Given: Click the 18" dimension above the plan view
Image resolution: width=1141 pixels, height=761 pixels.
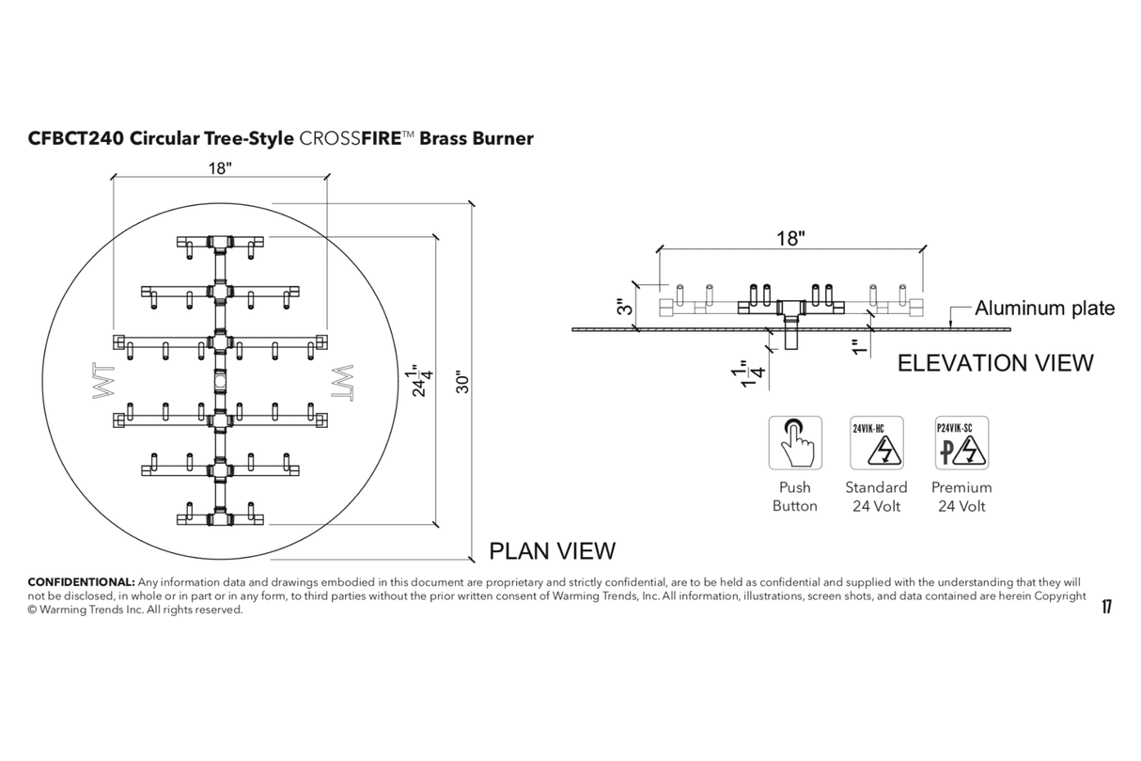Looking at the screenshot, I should (219, 167).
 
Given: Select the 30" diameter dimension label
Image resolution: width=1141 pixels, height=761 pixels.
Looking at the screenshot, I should (460, 381).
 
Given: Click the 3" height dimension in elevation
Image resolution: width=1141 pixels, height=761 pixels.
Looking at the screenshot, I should (621, 307).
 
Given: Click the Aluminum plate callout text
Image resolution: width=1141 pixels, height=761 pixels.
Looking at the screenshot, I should (1044, 308).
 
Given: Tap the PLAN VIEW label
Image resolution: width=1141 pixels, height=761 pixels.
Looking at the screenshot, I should (553, 550).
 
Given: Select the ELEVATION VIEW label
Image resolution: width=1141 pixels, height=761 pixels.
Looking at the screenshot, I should (995, 362).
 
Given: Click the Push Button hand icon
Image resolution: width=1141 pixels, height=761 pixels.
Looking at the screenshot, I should (795, 442).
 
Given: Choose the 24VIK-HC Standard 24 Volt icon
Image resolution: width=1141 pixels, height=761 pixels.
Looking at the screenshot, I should (876, 442).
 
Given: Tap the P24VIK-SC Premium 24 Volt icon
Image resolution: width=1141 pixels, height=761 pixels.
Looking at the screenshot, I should (961, 442).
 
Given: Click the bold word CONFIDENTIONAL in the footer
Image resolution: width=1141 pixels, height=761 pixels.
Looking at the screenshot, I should (81, 582).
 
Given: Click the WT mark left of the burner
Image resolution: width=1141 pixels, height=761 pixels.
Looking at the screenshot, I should (102, 380).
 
